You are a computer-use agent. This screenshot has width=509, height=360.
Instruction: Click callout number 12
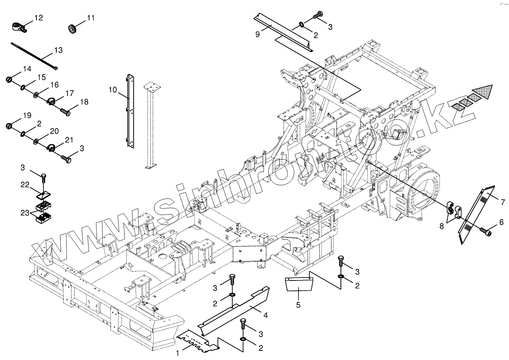(x=38, y=18)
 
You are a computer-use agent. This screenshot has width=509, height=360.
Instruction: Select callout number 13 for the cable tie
(x=58, y=50)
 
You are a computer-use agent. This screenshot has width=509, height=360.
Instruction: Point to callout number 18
(x=84, y=102)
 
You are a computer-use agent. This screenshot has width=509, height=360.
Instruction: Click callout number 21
(x=69, y=140)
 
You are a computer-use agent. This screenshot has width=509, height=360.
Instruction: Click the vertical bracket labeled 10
(x=130, y=111)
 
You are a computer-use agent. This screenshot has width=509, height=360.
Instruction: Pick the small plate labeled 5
(x=298, y=285)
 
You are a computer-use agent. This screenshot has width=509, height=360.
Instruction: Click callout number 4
(x=265, y=315)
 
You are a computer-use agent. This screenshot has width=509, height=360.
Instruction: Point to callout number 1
(x=177, y=353)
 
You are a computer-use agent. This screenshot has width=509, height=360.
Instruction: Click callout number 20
(x=54, y=131)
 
